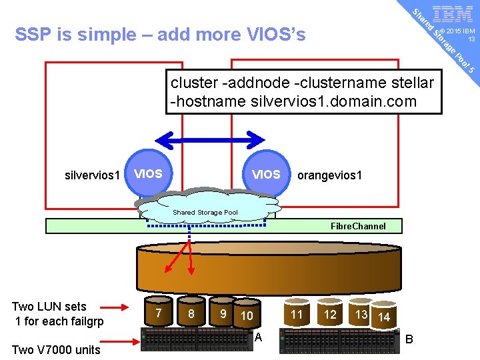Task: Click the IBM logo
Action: pos(453,15)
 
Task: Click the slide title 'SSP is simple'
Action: pos(160,34)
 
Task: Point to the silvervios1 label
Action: pos(93,176)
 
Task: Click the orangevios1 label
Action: pos(330,176)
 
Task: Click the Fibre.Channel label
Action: pos(358,226)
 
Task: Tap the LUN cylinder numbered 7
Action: pos(158,313)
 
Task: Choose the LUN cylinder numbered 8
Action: pos(191,314)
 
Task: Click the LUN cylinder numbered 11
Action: pos(297,314)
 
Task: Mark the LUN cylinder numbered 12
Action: pos(330,314)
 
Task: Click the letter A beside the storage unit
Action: pos(258,337)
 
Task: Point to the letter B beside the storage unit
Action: pos(410,339)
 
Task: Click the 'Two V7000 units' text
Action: pos(56,350)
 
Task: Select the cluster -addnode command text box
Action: pos(304,92)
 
